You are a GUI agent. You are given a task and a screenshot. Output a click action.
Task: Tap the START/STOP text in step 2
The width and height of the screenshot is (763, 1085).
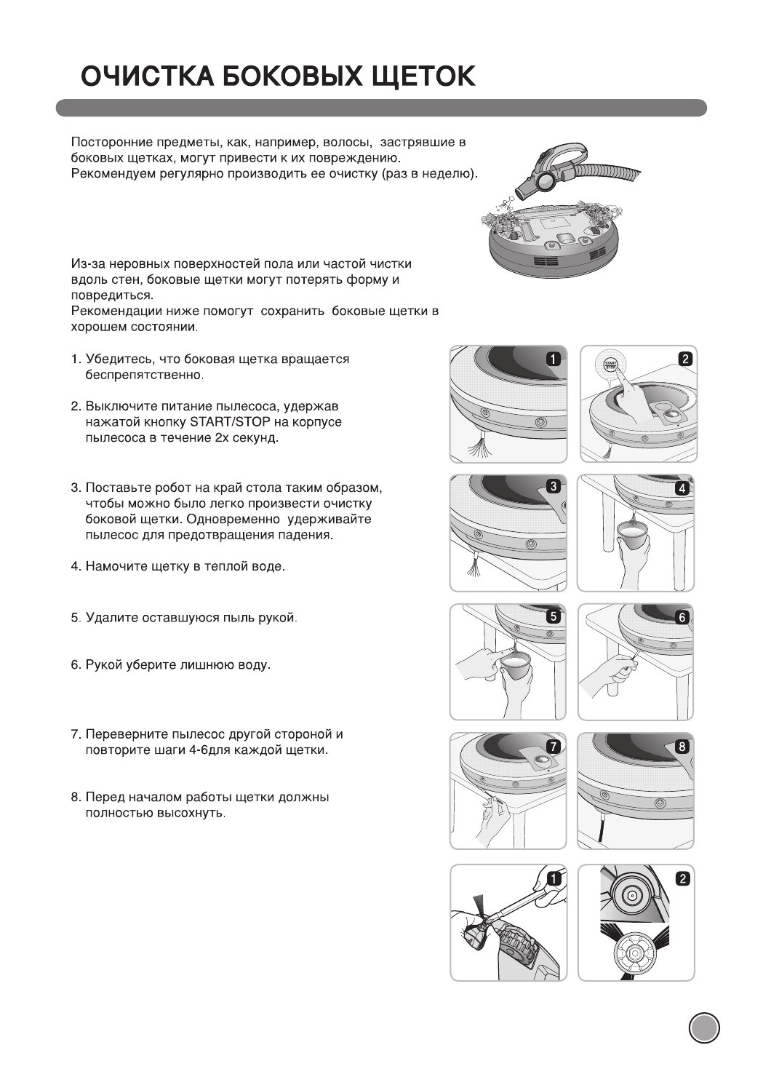[230, 423]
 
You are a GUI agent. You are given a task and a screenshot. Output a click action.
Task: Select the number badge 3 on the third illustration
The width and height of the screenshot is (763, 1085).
[553, 486]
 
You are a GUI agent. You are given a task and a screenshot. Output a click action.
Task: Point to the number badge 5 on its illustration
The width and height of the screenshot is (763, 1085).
[553, 616]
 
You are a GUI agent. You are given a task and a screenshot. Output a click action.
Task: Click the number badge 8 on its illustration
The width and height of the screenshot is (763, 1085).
[682, 746]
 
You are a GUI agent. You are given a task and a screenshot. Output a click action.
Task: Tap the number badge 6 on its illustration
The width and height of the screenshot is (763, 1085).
[682, 617]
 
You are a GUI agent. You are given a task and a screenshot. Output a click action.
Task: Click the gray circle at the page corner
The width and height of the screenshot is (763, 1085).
[703, 1028]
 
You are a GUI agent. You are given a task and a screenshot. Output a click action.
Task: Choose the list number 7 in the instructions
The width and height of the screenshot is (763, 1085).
[75, 734]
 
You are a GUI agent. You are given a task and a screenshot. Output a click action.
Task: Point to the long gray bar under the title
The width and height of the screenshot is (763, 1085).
[381, 108]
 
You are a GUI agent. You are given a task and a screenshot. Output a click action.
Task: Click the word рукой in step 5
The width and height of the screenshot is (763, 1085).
[276, 619]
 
